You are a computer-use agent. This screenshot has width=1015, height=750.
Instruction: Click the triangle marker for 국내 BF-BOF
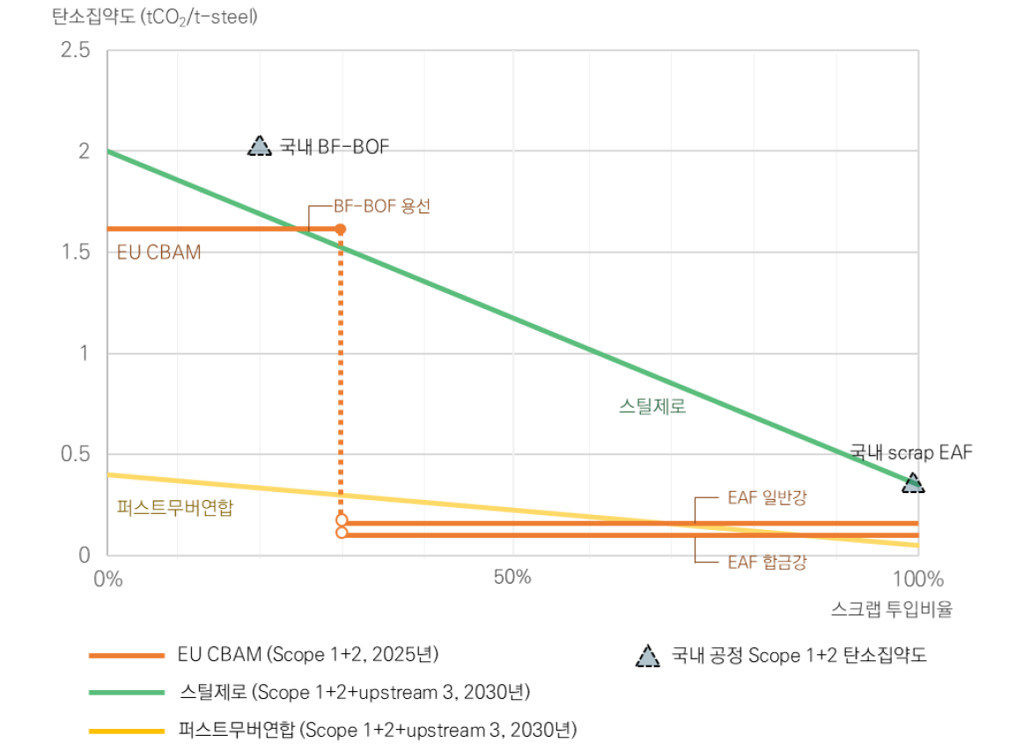pyautogui.click(x=259, y=146)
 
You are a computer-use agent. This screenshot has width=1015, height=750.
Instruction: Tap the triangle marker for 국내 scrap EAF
pyautogui.click(x=913, y=482)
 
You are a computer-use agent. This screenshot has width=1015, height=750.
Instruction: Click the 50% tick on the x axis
pyautogui.click(x=512, y=578)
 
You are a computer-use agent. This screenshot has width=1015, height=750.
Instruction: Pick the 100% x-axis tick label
pyautogui.click(x=917, y=578)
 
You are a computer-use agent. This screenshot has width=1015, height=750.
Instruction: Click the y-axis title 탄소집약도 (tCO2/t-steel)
pyautogui.click(x=155, y=17)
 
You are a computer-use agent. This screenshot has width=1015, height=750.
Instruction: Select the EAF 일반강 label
pyautogui.click(x=767, y=497)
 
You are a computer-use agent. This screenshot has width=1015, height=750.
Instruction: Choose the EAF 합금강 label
pyautogui.click(x=767, y=562)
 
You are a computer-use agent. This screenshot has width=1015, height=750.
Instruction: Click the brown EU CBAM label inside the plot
pyautogui.click(x=158, y=253)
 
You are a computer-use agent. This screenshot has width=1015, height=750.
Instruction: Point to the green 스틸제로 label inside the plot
pyautogui.click(x=651, y=407)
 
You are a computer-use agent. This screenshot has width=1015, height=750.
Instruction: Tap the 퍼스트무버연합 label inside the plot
pyautogui.click(x=175, y=507)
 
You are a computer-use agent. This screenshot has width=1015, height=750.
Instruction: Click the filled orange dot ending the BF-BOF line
pyautogui.click(x=341, y=229)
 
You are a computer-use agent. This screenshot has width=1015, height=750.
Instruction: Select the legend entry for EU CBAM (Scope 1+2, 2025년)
pyautogui.click(x=307, y=655)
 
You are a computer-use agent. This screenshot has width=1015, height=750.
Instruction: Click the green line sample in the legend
pyautogui.click(x=127, y=693)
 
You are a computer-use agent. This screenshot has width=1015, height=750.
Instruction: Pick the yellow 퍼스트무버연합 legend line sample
pyautogui.click(x=127, y=731)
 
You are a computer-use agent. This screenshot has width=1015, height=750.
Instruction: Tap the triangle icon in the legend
pyautogui.click(x=647, y=656)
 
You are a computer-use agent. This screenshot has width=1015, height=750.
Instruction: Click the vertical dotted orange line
pyautogui.click(x=341, y=370)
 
